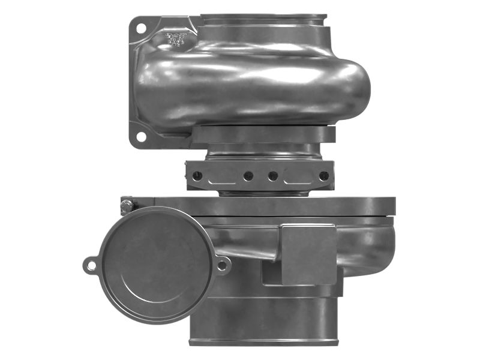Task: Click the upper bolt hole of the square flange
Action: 140,28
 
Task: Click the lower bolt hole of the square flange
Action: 140,137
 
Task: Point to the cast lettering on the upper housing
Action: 175,40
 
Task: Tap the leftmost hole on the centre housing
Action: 196,176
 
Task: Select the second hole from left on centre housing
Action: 247,176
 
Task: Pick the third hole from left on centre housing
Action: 273,176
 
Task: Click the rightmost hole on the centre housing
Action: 324,176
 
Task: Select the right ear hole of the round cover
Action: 222,264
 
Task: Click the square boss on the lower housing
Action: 308,254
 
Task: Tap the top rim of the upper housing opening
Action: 263,17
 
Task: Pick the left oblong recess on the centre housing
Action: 221,176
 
